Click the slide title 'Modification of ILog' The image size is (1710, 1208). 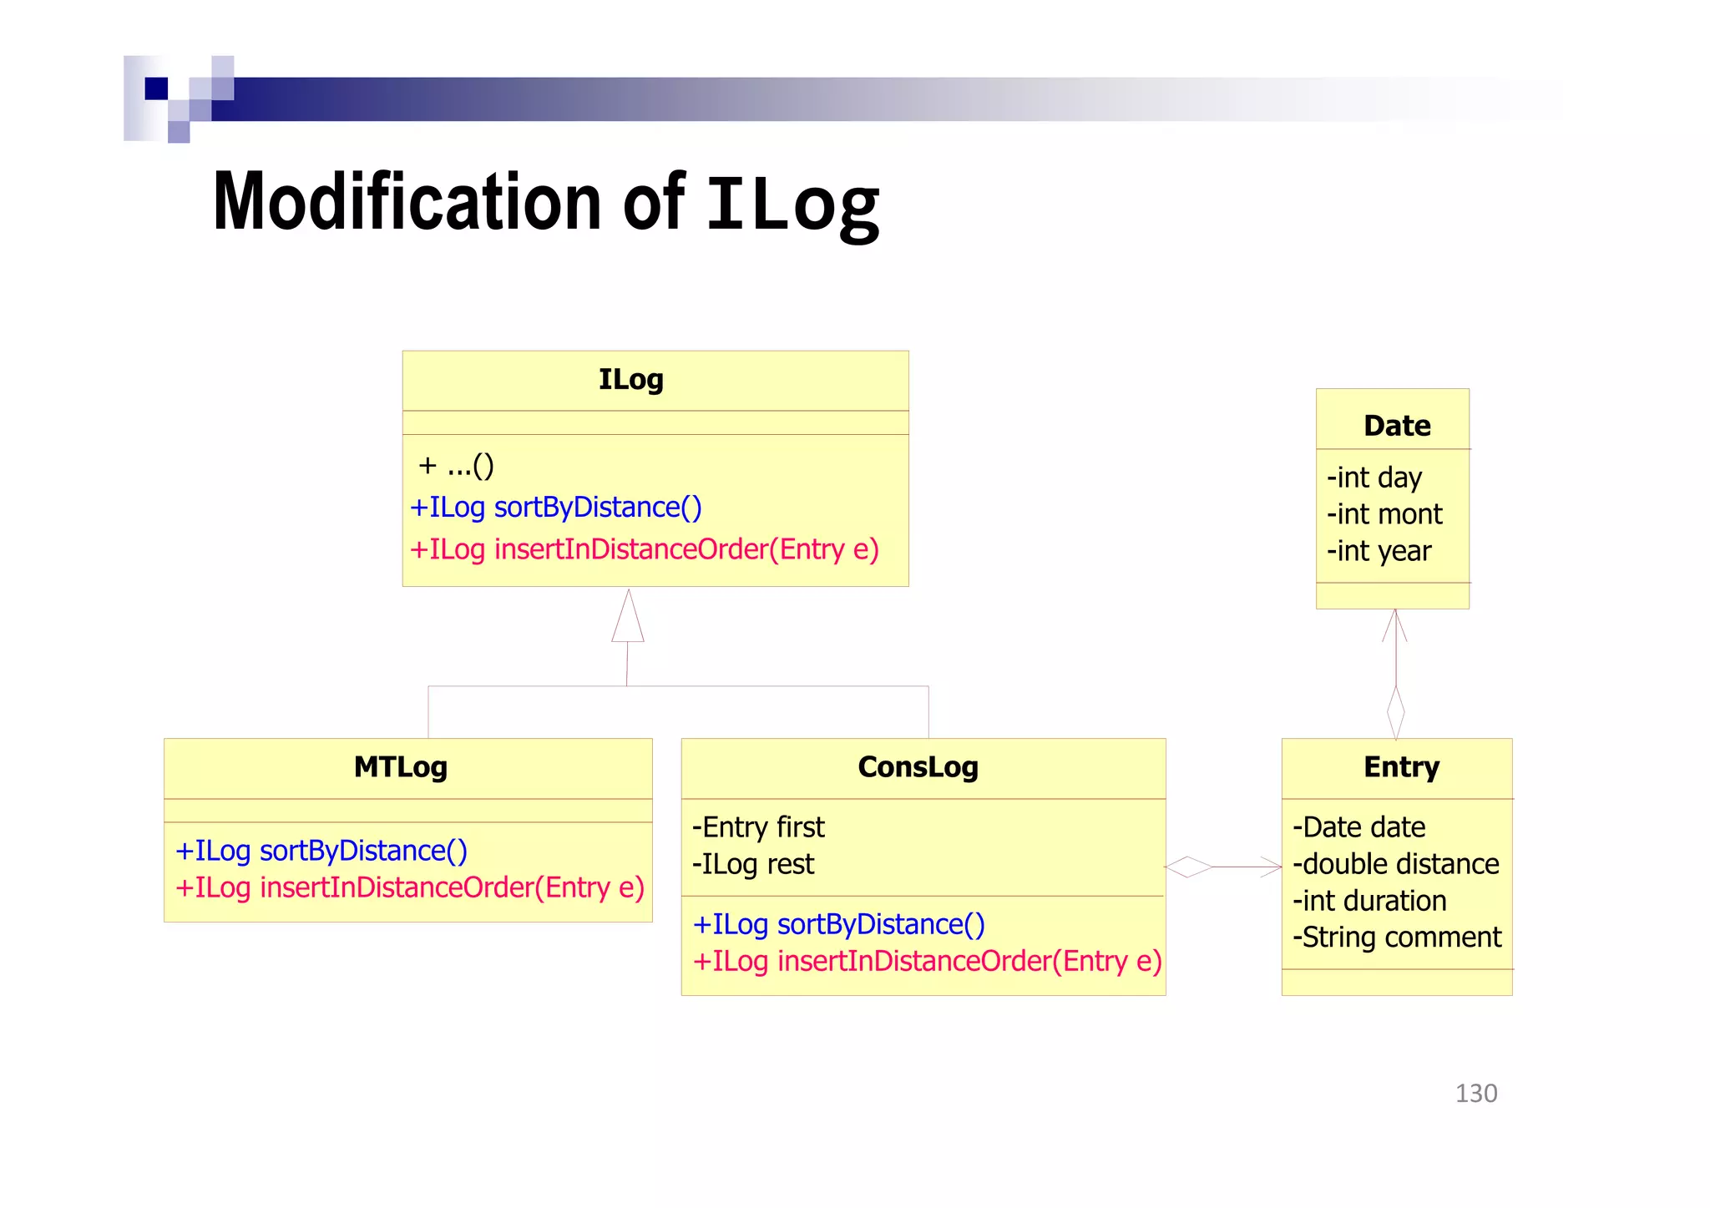pyautogui.click(x=546, y=202)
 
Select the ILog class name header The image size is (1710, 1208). pyautogui.click(x=631, y=380)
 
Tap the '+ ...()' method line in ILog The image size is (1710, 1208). pyautogui.click(x=456, y=465)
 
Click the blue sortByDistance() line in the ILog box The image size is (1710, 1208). pyautogui.click(x=556, y=508)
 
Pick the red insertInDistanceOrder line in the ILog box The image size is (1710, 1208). pyautogui.click(x=644, y=550)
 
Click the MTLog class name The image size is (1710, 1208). pyautogui.click(x=401, y=767)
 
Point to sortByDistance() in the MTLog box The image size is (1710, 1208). pyautogui.click(x=321, y=851)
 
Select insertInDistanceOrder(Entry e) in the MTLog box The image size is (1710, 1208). pyautogui.click(x=409, y=887)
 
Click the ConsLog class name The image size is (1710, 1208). pyautogui.click(x=918, y=767)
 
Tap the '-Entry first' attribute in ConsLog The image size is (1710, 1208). pyautogui.click(x=758, y=827)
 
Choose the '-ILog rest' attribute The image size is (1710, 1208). pyautogui.click(x=753, y=864)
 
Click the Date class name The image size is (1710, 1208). pyautogui.click(x=1397, y=426)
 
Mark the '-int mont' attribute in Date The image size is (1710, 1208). pyautogui.click(x=1384, y=514)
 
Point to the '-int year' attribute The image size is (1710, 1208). pyautogui.click(x=1379, y=551)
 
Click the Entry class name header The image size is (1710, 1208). pyautogui.click(x=1401, y=767)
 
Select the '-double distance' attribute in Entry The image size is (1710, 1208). pyautogui.click(x=1396, y=864)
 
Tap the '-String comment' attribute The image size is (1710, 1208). pyautogui.click(x=1397, y=938)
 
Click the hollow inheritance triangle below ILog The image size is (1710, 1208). pyautogui.click(x=628, y=618)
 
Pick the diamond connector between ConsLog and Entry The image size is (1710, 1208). pyautogui.click(x=1188, y=867)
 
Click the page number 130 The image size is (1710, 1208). pyautogui.click(x=1476, y=1094)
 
